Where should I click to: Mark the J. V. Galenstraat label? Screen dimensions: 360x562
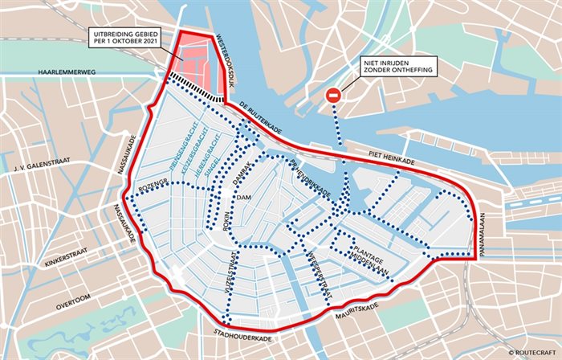pos(40,169)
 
